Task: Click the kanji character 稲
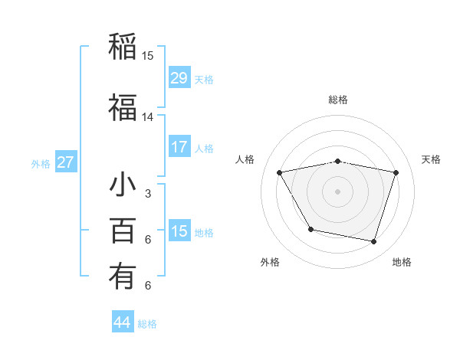pyautogui.click(x=123, y=46)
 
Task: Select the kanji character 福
pyautogui.click(x=123, y=108)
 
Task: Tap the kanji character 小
pyautogui.click(x=123, y=186)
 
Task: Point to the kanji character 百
pyautogui.click(x=123, y=231)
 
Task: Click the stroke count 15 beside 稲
pyautogui.click(x=148, y=56)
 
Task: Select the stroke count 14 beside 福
pyautogui.click(x=148, y=117)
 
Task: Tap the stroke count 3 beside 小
pyautogui.click(x=148, y=195)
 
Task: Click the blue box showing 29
pyautogui.click(x=179, y=78)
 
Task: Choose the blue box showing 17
pyautogui.click(x=179, y=147)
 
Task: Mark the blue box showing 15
pyautogui.click(x=179, y=231)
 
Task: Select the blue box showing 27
pyautogui.click(x=66, y=162)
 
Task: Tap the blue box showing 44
pyautogui.click(x=123, y=322)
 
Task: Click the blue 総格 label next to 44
pyautogui.click(x=148, y=324)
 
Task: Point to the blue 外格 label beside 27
pyautogui.click(x=41, y=164)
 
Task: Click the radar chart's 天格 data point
pyautogui.click(x=396, y=172)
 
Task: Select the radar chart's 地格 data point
pyautogui.click(x=373, y=242)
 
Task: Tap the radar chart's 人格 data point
pyautogui.click(x=279, y=172)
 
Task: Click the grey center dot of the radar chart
pyautogui.click(x=338, y=191)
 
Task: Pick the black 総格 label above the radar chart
pyautogui.click(x=338, y=100)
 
